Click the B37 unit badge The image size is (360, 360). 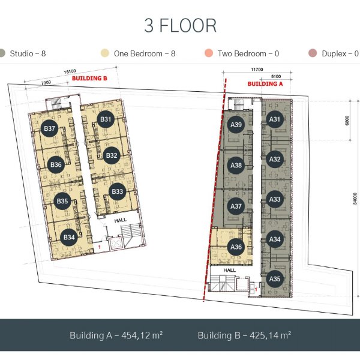coord(49,128)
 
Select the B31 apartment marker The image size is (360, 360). coord(106,119)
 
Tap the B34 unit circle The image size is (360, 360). coord(69,237)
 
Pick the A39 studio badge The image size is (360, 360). coord(236,125)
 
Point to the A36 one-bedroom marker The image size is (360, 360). coord(236,247)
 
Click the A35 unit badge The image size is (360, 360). coord(275,279)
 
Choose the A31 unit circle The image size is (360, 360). coord(275,119)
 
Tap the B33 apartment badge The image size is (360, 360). coord(118,191)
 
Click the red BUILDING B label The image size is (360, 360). coord(89,78)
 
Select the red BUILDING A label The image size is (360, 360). coord(265,84)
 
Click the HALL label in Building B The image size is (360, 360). coord(121,220)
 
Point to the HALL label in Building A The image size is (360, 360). coord(230,270)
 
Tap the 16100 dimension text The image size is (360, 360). coord(70,71)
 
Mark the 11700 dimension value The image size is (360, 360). coord(257,70)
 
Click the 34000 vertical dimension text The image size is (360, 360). coord(355,199)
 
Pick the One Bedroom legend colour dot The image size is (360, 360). coord(104,53)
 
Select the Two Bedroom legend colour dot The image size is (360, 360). coord(209,53)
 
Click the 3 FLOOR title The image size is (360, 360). coord(180,25)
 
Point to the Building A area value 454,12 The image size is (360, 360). coord(136,335)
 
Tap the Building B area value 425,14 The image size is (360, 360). coord(265,335)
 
